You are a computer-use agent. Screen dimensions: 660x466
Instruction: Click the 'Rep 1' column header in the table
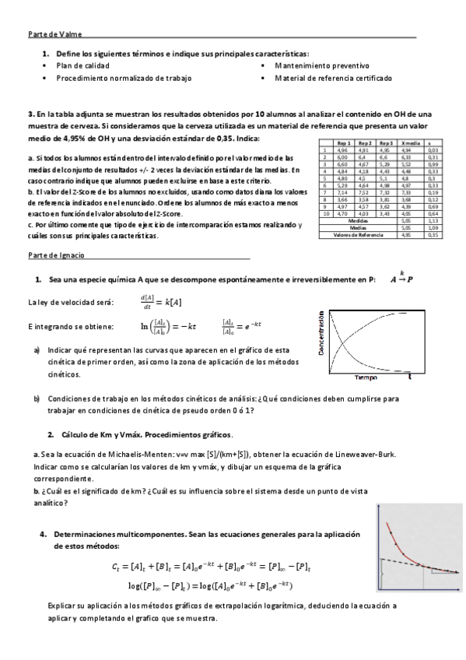pyautogui.click(x=344, y=144)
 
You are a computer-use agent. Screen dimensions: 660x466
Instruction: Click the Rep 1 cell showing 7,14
pyautogui.click(x=344, y=191)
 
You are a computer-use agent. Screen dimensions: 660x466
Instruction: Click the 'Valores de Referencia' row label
pyautogui.click(x=359, y=233)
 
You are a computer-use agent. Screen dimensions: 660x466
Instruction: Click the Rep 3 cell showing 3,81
pyautogui.click(x=386, y=198)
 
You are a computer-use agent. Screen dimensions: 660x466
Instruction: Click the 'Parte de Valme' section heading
pyautogui.click(x=54, y=34)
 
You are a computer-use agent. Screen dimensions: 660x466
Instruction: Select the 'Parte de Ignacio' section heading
pyautogui.click(x=57, y=255)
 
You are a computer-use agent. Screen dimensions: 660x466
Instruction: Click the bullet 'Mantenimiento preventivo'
pyautogui.click(x=321, y=66)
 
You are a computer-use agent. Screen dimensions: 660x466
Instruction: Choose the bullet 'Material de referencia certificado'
pyautogui.click(x=333, y=79)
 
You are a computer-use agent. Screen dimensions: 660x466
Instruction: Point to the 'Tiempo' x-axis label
pyautogui.click(x=366, y=377)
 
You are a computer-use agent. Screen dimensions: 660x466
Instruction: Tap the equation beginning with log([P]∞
pyautogui.click(x=209, y=585)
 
